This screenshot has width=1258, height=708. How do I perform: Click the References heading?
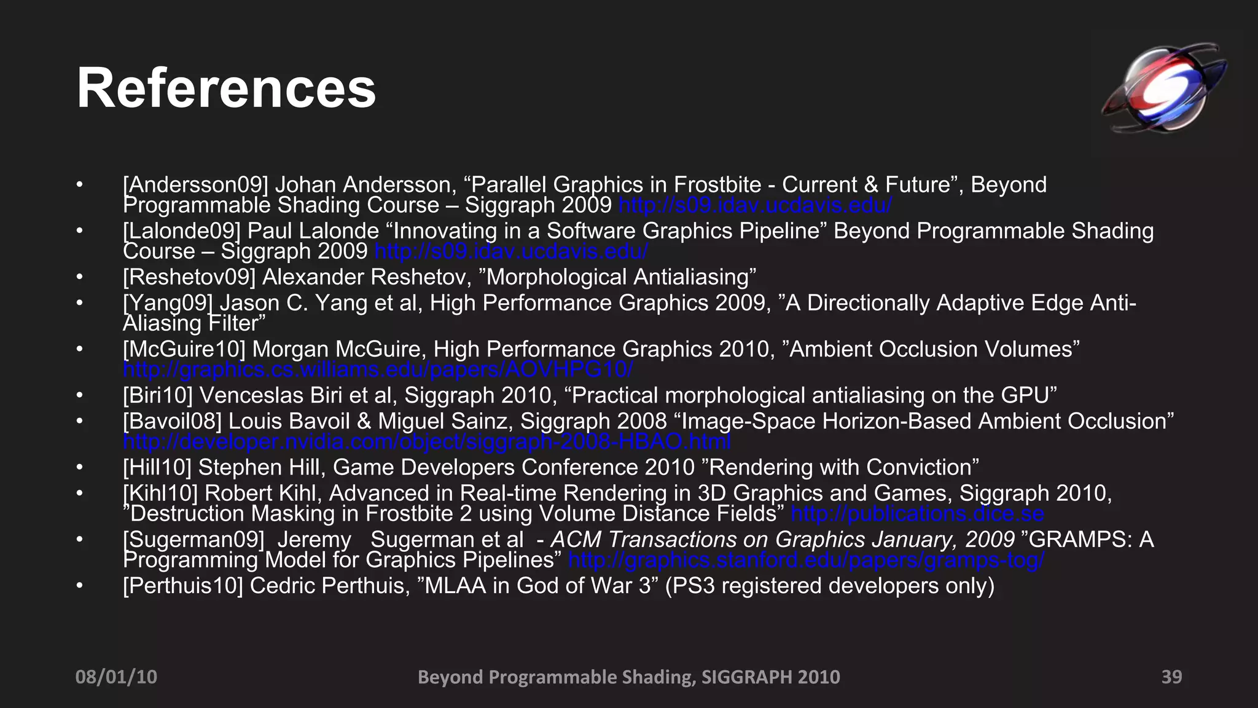(x=226, y=89)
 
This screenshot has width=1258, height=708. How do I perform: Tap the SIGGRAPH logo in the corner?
(x=1163, y=87)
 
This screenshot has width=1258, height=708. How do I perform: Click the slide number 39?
(x=1171, y=677)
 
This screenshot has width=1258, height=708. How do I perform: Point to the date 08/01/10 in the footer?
(x=116, y=677)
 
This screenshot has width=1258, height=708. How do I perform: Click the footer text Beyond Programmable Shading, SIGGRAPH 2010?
(x=628, y=677)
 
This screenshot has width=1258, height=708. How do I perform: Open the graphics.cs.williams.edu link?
(x=378, y=369)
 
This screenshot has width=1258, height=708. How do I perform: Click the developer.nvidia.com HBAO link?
(x=427, y=441)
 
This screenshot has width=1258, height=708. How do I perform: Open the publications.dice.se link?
(x=917, y=513)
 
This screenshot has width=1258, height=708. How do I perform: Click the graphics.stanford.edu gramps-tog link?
(x=807, y=560)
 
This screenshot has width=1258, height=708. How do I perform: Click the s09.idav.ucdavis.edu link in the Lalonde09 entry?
(x=511, y=251)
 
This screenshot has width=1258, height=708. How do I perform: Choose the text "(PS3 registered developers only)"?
(x=829, y=586)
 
